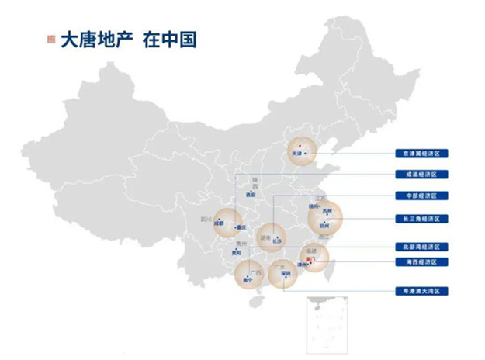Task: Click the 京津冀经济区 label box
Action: (417, 154)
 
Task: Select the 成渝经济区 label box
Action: (417, 175)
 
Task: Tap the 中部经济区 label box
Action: (417, 196)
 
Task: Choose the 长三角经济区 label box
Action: (417, 218)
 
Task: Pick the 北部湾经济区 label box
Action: (417, 246)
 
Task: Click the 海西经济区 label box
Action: (417, 263)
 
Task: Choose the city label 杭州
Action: (324, 225)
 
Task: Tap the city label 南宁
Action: (248, 279)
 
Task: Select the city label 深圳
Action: (285, 273)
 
